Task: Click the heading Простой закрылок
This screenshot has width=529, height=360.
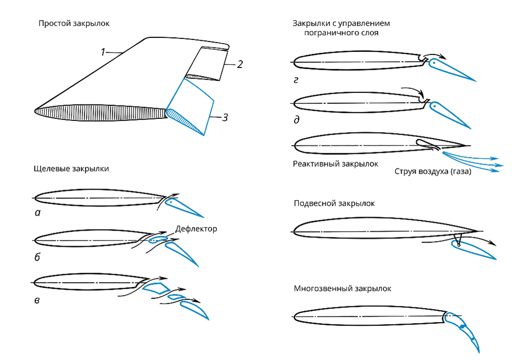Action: pyautogui.click(x=74, y=24)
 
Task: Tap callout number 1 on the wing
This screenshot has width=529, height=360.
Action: pyautogui.click(x=103, y=52)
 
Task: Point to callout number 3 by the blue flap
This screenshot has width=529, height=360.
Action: pyautogui.click(x=224, y=117)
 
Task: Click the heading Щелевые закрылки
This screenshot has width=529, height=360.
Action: pyautogui.click(x=71, y=169)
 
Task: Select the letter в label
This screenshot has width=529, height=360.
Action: pyautogui.click(x=36, y=300)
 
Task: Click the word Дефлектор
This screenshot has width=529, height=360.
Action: pyautogui.click(x=196, y=229)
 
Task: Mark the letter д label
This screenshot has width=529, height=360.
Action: pyautogui.click(x=296, y=120)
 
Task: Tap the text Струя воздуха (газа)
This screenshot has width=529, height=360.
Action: pyautogui.click(x=432, y=172)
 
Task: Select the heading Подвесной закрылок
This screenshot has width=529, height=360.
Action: pyautogui.click(x=334, y=204)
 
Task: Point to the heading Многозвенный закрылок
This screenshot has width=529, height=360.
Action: pyautogui.click(x=342, y=288)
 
